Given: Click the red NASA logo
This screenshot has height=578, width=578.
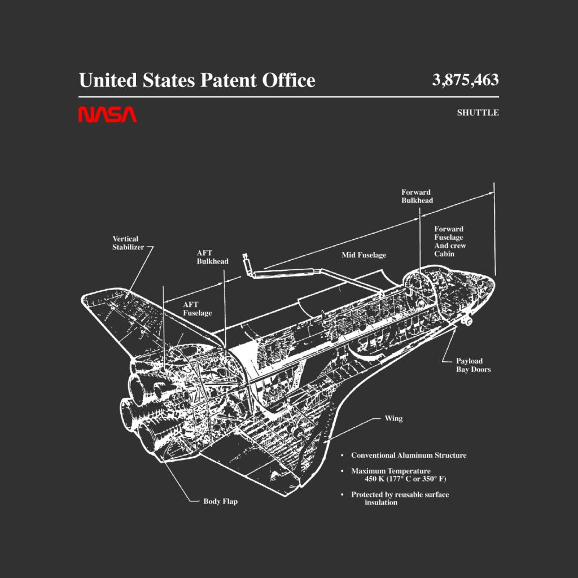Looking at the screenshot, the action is pyautogui.click(x=107, y=114).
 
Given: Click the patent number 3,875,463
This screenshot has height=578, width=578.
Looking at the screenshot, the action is pyautogui.click(x=465, y=80).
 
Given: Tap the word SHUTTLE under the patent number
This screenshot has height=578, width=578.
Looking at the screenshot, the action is pyautogui.click(x=478, y=112).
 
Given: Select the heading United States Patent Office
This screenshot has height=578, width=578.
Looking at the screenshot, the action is pyautogui.click(x=197, y=80).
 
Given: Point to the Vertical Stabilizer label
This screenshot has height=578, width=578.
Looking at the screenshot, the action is pyautogui.click(x=128, y=243).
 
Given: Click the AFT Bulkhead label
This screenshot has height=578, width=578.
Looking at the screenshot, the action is pyautogui.click(x=212, y=257).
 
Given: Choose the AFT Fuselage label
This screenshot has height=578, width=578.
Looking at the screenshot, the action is pyautogui.click(x=197, y=309).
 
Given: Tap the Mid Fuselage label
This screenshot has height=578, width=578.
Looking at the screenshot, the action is pyautogui.click(x=364, y=255).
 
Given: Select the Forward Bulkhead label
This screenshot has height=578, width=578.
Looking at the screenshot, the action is pyautogui.click(x=417, y=196).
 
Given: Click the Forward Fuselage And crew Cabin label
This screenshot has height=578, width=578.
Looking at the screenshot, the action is pyautogui.click(x=450, y=241).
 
